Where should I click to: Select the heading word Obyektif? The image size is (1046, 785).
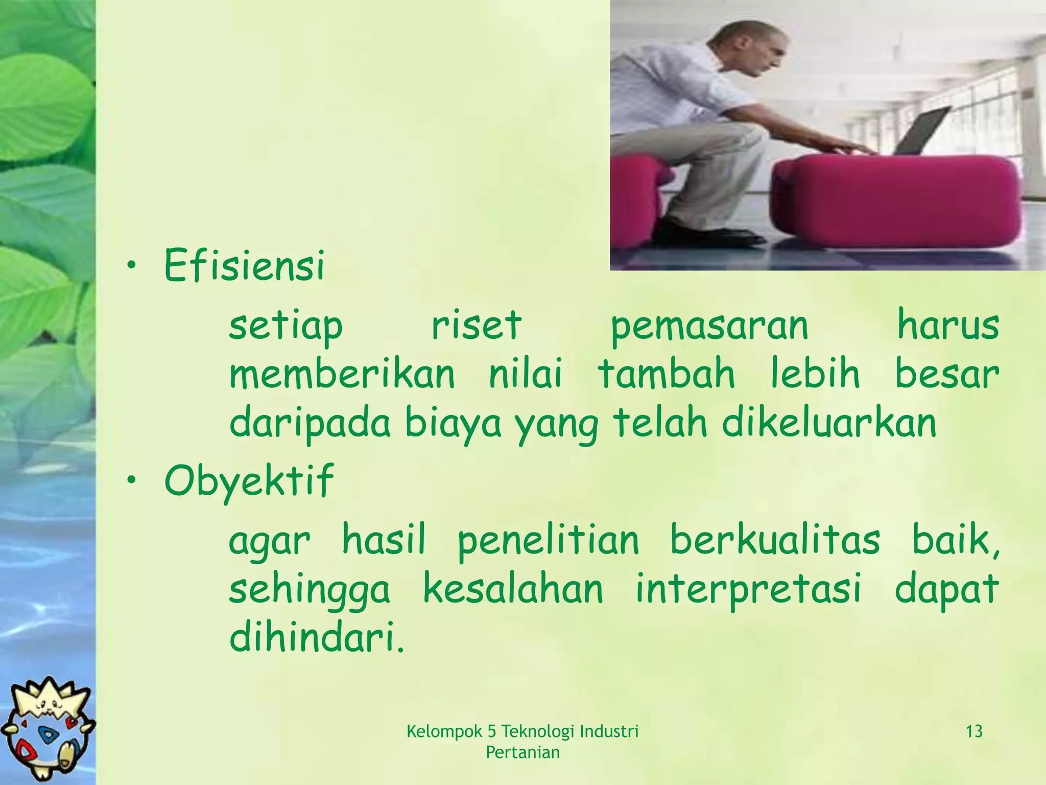[249, 480]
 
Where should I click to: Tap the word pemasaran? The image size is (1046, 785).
[709, 326]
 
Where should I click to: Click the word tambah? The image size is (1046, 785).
[666, 374]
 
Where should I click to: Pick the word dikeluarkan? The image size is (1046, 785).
[829, 423]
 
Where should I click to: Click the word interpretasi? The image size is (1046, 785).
[748, 589]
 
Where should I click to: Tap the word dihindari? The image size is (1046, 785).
[316, 638]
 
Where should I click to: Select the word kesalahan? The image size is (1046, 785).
[513, 589]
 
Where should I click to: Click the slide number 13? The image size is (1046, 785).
[974, 732]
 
